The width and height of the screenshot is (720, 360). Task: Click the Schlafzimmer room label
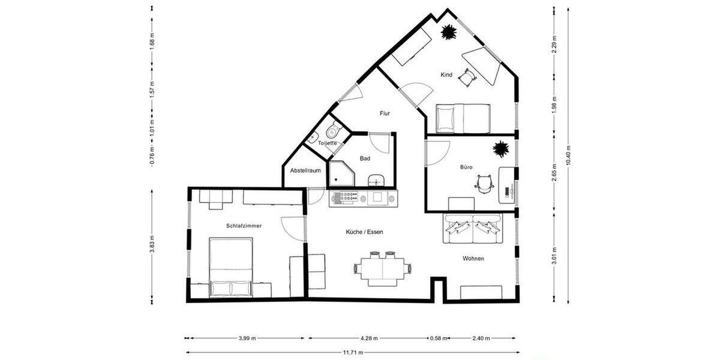click(x=244, y=226)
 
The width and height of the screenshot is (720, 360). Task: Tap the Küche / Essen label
click(x=364, y=232)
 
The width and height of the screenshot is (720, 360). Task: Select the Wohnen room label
click(x=473, y=259)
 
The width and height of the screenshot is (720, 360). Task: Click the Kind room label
click(x=446, y=75)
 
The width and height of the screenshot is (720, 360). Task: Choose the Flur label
click(x=385, y=113)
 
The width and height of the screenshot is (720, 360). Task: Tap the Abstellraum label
click(x=305, y=171)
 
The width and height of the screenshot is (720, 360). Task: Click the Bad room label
click(x=365, y=158)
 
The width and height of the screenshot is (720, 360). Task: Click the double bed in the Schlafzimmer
click(x=230, y=266)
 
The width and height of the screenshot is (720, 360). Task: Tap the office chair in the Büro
click(x=484, y=183)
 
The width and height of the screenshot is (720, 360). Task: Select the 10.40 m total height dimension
click(x=568, y=155)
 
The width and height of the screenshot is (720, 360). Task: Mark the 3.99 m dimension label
click(x=247, y=338)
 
